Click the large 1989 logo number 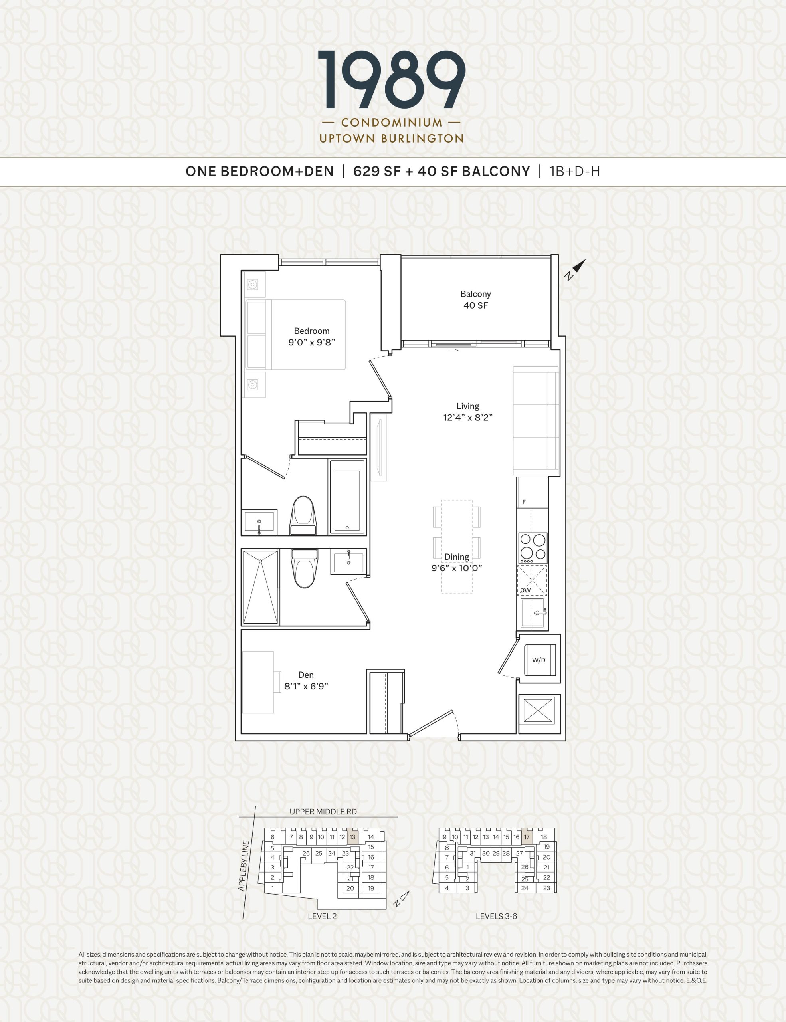pyautogui.click(x=392, y=79)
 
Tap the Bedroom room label pyautogui.click(x=312, y=331)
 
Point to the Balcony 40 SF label pyautogui.click(x=475, y=299)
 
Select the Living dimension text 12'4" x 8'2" pyautogui.click(x=468, y=418)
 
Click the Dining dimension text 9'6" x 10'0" pyautogui.click(x=457, y=568)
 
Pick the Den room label pyautogui.click(x=306, y=675)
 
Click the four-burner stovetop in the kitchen pyautogui.click(x=533, y=548)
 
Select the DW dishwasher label pyautogui.click(x=525, y=590)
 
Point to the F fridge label pyautogui.click(x=524, y=502)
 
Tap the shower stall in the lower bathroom pyautogui.click(x=260, y=587)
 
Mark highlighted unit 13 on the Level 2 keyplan pyautogui.click(x=353, y=837)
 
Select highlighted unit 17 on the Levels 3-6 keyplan pyautogui.click(x=527, y=837)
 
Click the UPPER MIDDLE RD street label pyautogui.click(x=323, y=812)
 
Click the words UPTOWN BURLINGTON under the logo pyautogui.click(x=392, y=139)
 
